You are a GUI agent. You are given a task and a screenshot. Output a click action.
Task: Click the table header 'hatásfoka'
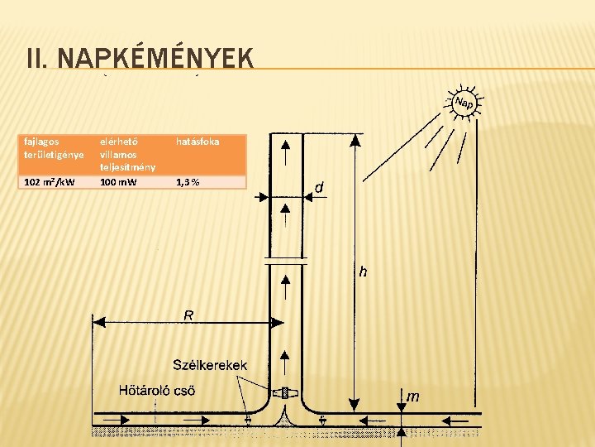(x=198, y=142)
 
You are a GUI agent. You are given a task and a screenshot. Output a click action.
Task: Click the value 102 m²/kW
(x=50, y=182)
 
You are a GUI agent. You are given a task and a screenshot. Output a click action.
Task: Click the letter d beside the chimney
(x=319, y=188)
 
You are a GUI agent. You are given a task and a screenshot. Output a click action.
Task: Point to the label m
(x=412, y=397)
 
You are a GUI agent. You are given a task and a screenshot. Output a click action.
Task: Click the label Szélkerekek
(x=208, y=365)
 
